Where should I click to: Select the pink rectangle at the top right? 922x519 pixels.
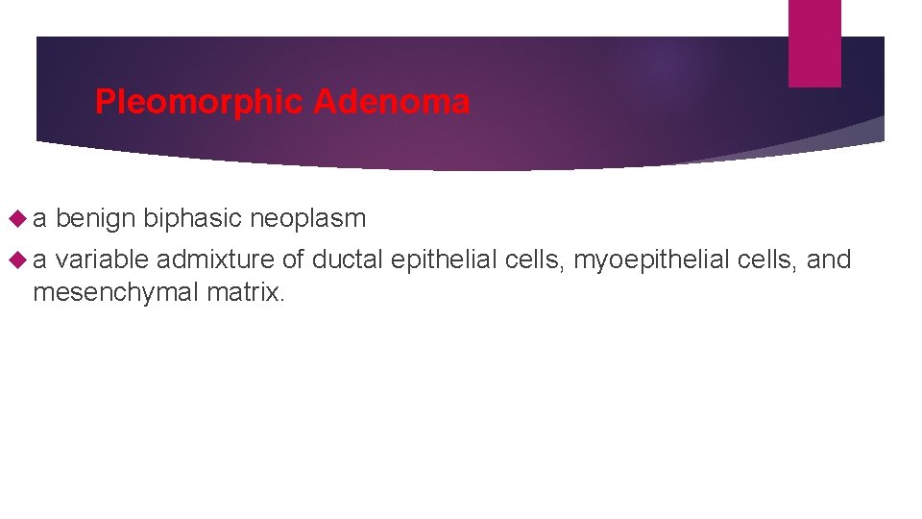(814, 42)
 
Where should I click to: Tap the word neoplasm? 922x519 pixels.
(307, 219)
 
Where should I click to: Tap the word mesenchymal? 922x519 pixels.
(116, 292)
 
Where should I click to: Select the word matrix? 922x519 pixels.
(246, 292)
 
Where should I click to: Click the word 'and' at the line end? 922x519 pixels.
(829, 259)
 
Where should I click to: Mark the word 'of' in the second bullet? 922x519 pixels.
(293, 259)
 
